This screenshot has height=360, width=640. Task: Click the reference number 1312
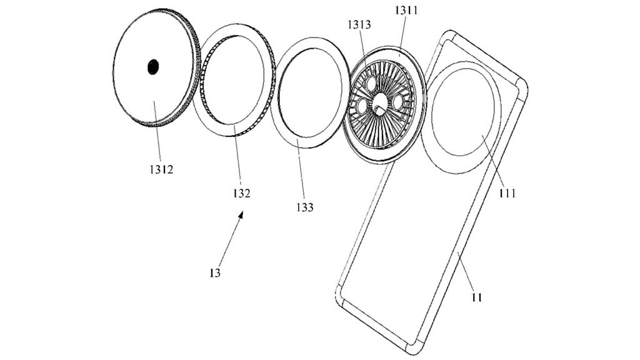tap(162, 169)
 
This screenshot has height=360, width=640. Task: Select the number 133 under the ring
tap(305, 207)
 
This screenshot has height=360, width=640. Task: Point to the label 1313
tap(360, 25)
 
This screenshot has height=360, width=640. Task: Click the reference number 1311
tap(408, 11)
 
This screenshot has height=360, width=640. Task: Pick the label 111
tap(507, 193)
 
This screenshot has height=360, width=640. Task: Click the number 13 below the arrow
tap(215, 273)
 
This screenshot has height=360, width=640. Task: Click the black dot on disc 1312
tap(153, 67)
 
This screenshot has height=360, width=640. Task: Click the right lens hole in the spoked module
tap(397, 101)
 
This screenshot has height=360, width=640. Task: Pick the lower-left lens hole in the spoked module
tap(362, 107)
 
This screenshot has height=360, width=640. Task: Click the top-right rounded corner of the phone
tap(521, 84)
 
